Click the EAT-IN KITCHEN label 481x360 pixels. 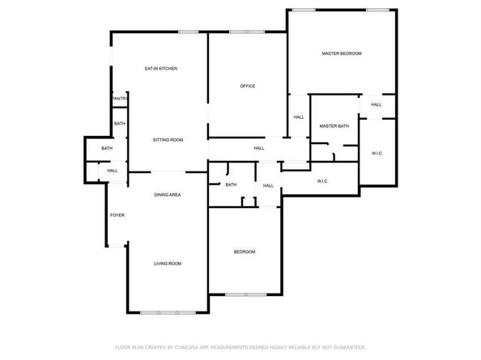pos(160,69)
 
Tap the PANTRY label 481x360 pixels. pos(119,99)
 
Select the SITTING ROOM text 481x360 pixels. pos(168,140)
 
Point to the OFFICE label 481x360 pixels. pos(248,86)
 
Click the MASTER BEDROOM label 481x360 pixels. pos(341,53)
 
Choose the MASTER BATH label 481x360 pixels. pos(334,126)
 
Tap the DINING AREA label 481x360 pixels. pos(167,195)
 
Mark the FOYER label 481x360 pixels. pos(117,214)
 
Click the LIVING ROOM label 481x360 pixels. pos(168,264)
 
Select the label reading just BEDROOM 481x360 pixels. pos(245,252)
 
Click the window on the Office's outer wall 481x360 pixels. pos(245,32)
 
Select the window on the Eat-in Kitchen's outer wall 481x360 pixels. pos(189,32)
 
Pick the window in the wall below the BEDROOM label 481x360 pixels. pos(245,294)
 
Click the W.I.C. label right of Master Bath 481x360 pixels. pos(377,153)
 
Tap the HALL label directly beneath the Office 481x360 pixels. pos(259,148)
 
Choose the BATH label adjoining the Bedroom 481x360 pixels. pos(231,185)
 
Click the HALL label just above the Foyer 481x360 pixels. pos(113,171)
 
